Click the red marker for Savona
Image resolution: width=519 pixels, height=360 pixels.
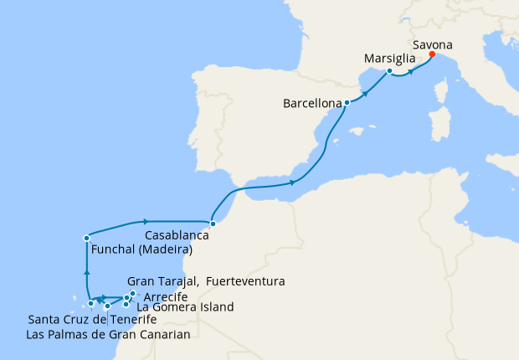(x=432, y=54)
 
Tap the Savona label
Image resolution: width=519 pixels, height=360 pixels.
(x=434, y=44)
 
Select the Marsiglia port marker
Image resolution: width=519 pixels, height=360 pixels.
(x=390, y=71)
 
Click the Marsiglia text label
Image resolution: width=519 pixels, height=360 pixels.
(x=391, y=59)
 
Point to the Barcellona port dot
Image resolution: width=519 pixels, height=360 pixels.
(x=347, y=103)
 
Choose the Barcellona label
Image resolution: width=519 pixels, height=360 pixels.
(x=312, y=105)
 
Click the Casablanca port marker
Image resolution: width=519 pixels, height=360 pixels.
(x=213, y=224)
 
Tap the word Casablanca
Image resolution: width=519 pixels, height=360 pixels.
(x=176, y=236)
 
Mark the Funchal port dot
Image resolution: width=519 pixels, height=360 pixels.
(x=86, y=239)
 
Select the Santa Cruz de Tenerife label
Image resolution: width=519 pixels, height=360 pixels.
(x=92, y=320)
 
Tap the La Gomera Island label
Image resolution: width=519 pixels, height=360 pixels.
(x=184, y=307)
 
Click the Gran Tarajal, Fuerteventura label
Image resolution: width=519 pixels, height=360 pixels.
(x=206, y=281)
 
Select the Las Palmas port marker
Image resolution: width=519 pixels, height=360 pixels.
(x=107, y=306)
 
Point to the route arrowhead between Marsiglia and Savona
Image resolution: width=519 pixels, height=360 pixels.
(x=411, y=70)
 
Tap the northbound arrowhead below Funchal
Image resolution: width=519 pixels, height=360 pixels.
(x=86, y=271)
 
